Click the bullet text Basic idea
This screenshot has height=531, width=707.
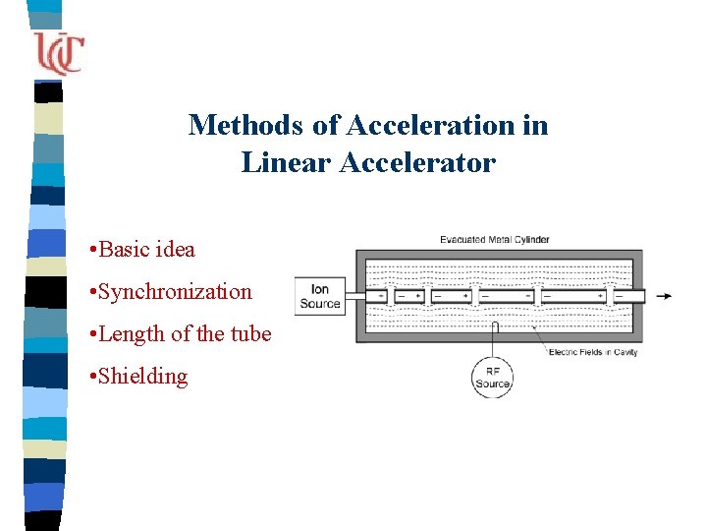click(147, 250)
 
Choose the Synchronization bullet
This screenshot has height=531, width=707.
click(176, 292)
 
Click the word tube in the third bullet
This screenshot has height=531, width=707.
click(249, 334)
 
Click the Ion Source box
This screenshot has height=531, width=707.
click(320, 296)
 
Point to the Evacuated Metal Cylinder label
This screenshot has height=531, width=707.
click(494, 239)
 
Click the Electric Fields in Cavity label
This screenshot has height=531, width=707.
click(593, 352)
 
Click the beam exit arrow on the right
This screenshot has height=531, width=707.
click(666, 295)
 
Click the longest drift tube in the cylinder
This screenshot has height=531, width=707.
click(572, 295)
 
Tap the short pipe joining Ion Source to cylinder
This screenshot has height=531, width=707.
click(351, 295)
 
